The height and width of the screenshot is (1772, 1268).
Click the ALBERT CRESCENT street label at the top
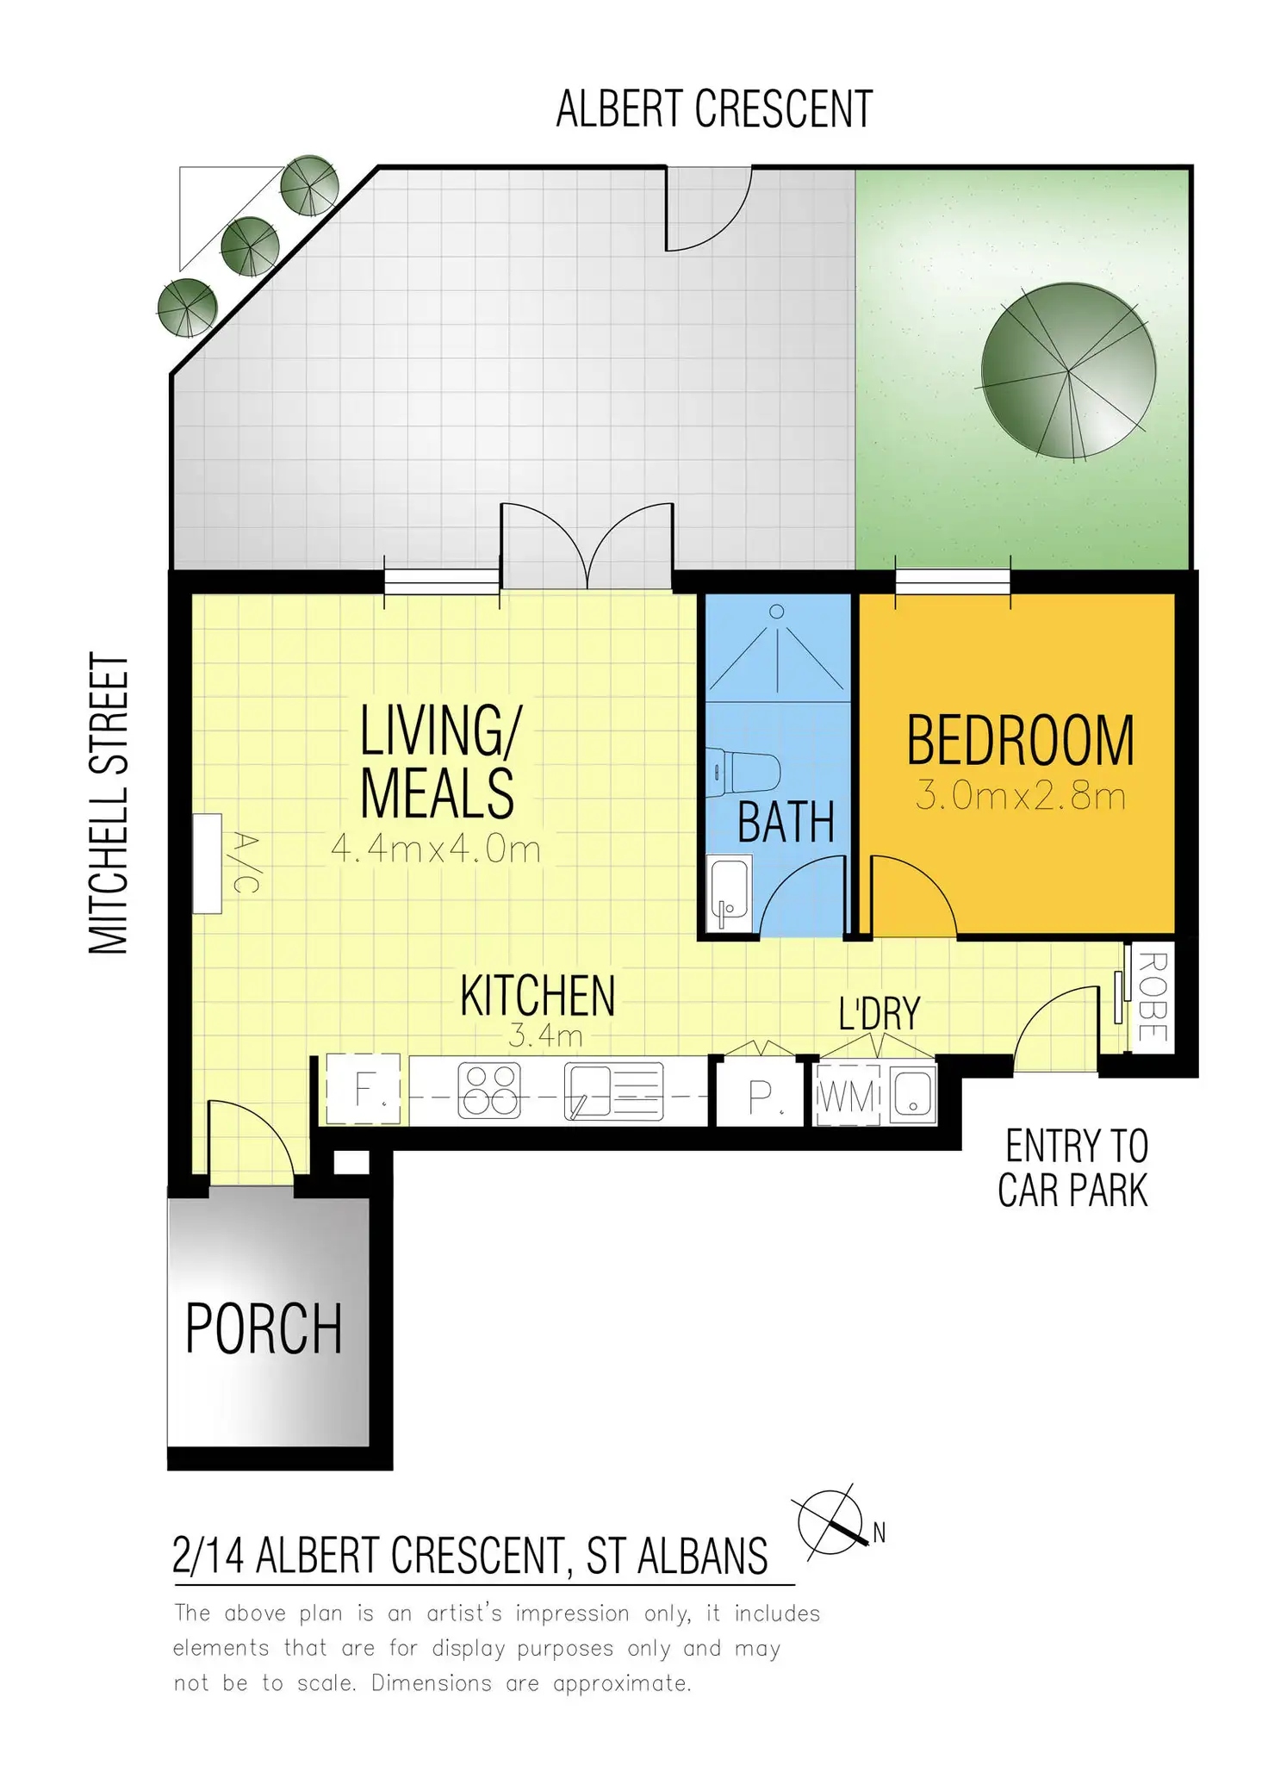[x=714, y=109]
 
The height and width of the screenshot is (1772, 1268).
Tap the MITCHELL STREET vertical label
[x=109, y=803]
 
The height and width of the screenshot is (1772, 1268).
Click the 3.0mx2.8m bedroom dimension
[x=1021, y=796]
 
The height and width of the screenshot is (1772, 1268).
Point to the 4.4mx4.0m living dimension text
[x=436, y=849]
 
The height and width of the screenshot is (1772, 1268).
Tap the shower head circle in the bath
[x=776, y=612]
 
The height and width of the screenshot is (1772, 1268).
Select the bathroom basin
[x=730, y=892]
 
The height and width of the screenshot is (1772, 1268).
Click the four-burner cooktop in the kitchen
[x=489, y=1091]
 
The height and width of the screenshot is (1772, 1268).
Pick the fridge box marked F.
[x=364, y=1089]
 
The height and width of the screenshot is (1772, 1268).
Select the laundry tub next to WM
[x=912, y=1094]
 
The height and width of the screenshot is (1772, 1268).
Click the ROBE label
[x=1152, y=997]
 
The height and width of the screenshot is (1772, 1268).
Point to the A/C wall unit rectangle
[x=207, y=863]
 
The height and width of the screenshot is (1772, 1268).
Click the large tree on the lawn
[x=1068, y=370]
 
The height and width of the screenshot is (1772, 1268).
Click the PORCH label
[x=264, y=1329]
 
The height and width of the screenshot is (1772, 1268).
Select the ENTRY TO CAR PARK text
[x=1074, y=1168]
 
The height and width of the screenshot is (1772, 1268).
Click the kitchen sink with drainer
[x=613, y=1091]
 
